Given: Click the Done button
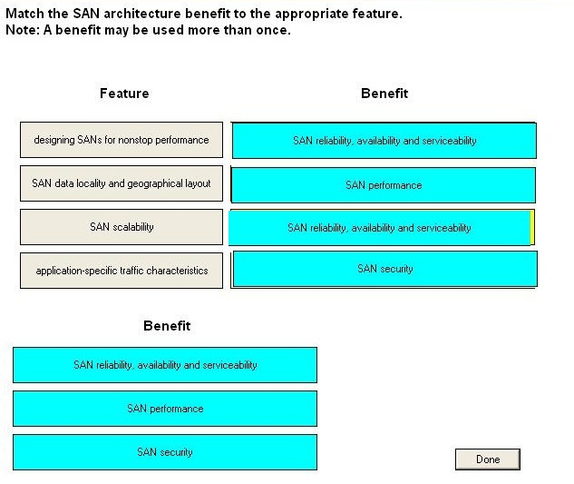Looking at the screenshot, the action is pyautogui.click(x=488, y=459).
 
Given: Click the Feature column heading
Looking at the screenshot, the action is pyautogui.click(x=124, y=94).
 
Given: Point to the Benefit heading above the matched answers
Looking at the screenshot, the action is pyautogui.click(x=384, y=94).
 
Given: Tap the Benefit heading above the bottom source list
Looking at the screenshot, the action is pyautogui.click(x=167, y=326).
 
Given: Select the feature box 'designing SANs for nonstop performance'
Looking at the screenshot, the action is pyautogui.click(x=122, y=140).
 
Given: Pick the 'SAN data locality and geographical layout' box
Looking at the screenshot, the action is pyautogui.click(x=122, y=183).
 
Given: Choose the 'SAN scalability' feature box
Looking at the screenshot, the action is pyautogui.click(x=122, y=227).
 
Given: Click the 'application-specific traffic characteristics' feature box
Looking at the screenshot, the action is pyautogui.click(x=122, y=271).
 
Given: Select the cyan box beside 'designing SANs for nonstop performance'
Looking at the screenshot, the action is pyautogui.click(x=384, y=141).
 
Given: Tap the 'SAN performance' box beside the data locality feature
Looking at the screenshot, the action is pyautogui.click(x=384, y=185).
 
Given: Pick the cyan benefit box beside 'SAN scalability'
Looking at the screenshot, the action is pyautogui.click(x=379, y=228).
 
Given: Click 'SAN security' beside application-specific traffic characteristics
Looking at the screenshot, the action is pyautogui.click(x=385, y=269).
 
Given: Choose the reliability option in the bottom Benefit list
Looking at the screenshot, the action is pyautogui.click(x=165, y=365).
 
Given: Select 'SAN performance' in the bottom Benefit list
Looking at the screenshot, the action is pyautogui.click(x=165, y=409).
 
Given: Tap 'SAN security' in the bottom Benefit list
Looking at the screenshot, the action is pyautogui.click(x=165, y=452).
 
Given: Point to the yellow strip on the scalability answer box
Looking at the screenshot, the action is pyautogui.click(x=532, y=227).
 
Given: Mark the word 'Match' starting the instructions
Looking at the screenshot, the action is pyautogui.click(x=24, y=14).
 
